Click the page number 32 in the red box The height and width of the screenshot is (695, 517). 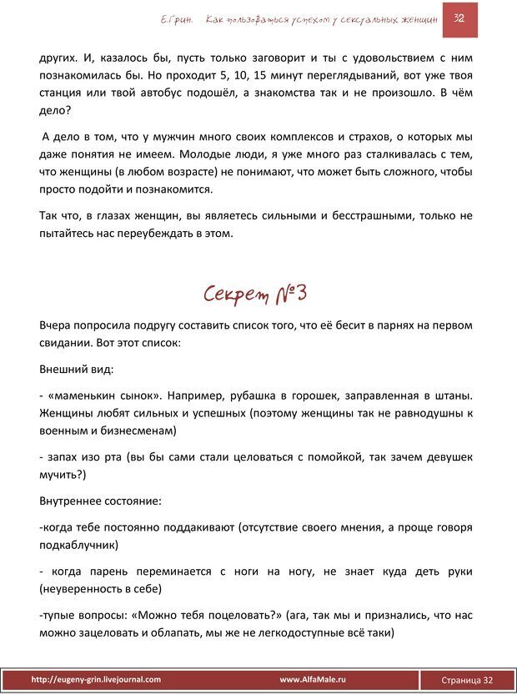[459, 18]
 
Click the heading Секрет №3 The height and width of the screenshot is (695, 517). [257, 293]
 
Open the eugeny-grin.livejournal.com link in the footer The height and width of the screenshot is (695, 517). [96, 679]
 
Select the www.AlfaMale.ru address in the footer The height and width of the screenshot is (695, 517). [313, 679]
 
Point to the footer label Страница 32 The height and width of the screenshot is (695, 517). [466, 680]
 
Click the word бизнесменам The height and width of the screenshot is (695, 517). [131, 431]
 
